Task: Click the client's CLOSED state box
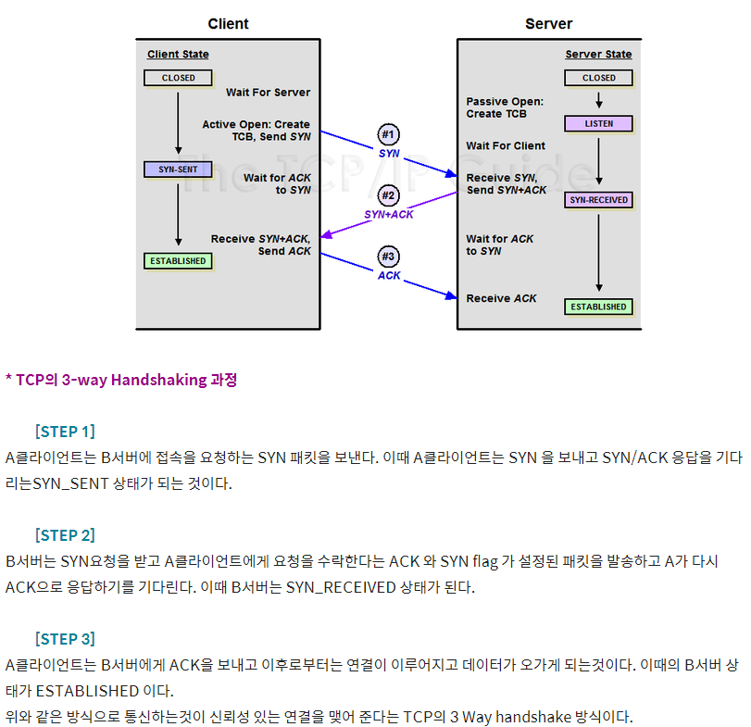(x=178, y=78)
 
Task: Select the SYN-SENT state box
(x=178, y=169)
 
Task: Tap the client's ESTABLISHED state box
(x=178, y=261)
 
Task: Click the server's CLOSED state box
(x=599, y=78)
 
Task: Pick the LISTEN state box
(x=599, y=123)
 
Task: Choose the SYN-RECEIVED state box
(x=599, y=200)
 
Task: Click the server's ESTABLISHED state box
(x=599, y=307)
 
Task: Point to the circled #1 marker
(x=389, y=133)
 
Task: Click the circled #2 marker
(x=389, y=195)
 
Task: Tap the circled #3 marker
(x=389, y=257)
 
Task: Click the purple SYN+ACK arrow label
(x=389, y=214)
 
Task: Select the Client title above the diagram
(x=228, y=24)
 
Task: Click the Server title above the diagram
(x=549, y=24)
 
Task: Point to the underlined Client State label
(x=178, y=55)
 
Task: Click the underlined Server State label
(x=599, y=55)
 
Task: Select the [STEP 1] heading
(x=65, y=432)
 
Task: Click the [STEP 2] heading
(x=65, y=535)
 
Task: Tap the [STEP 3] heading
(x=65, y=639)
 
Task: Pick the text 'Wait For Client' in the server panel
(x=506, y=145)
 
